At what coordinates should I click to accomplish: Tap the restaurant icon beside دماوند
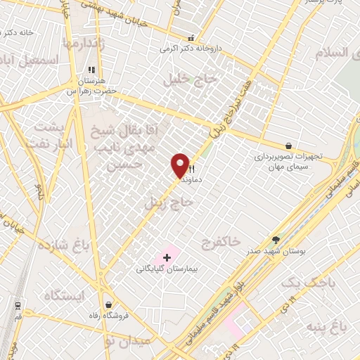pyautogui.click(x=191, y=168)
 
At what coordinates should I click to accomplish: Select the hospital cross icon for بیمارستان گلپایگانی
pyautogui.click(x=167, y=258)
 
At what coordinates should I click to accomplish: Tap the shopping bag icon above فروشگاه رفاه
pyautogui.click(x=108, y=304)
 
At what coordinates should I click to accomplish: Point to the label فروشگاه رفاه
pyautogui.click(x=107, y=315)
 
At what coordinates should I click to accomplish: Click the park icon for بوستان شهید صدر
pyautogui.click(x=276, y=240)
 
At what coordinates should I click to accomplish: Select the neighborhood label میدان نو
pyautogui.click(x=127, y=341)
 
